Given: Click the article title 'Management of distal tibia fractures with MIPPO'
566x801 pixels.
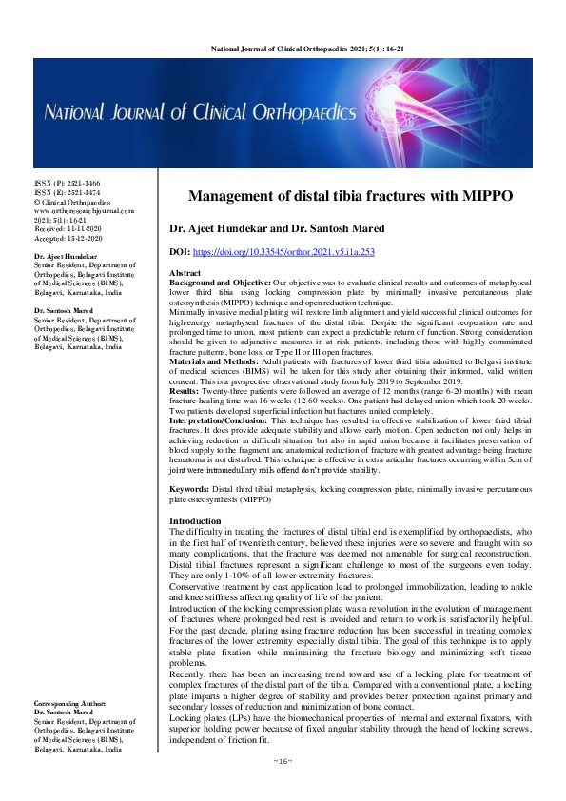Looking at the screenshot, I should point(350,196).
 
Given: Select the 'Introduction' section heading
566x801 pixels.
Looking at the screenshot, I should point(194,521).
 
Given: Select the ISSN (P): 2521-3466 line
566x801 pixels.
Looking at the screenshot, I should point(67,183).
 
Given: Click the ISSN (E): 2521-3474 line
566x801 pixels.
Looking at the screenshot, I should point(67,192).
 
